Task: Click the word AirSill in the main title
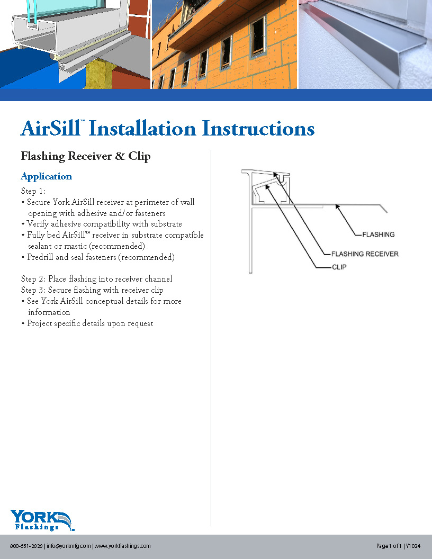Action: pyautogui.click(x=51, y=129)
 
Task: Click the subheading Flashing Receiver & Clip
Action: pyautogui.click(x=85, y=156)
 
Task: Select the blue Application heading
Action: pyautogui.click(x=46, y=176)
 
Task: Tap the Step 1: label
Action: pyautogui.click(x=34, y=191)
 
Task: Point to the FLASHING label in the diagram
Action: pyautogui.click(x=378, y=234)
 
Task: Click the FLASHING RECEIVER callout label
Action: pyautogui.click(x=365, y=254)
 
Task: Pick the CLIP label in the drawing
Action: pyautogui.click(x=339, y=267)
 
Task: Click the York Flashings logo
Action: pyautogui.click(x=42, y=520)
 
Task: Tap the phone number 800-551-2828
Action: pyautogui.click(x=26, y=546)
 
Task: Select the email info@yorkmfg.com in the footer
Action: pyautogui.click(x=69, y=546)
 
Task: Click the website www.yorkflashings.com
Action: pyautogui.click(x=122, y=546)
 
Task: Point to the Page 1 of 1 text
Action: pyautogui.click(x=389, y=546)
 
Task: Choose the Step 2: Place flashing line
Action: pyautogui.click(x=96, y=279)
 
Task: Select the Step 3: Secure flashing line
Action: pyautogui.click(x=92, y=290)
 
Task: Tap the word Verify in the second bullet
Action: pyautogui.click(x=39, y=224)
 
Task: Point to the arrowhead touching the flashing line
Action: pyautogui.click(x=337, y=207)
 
